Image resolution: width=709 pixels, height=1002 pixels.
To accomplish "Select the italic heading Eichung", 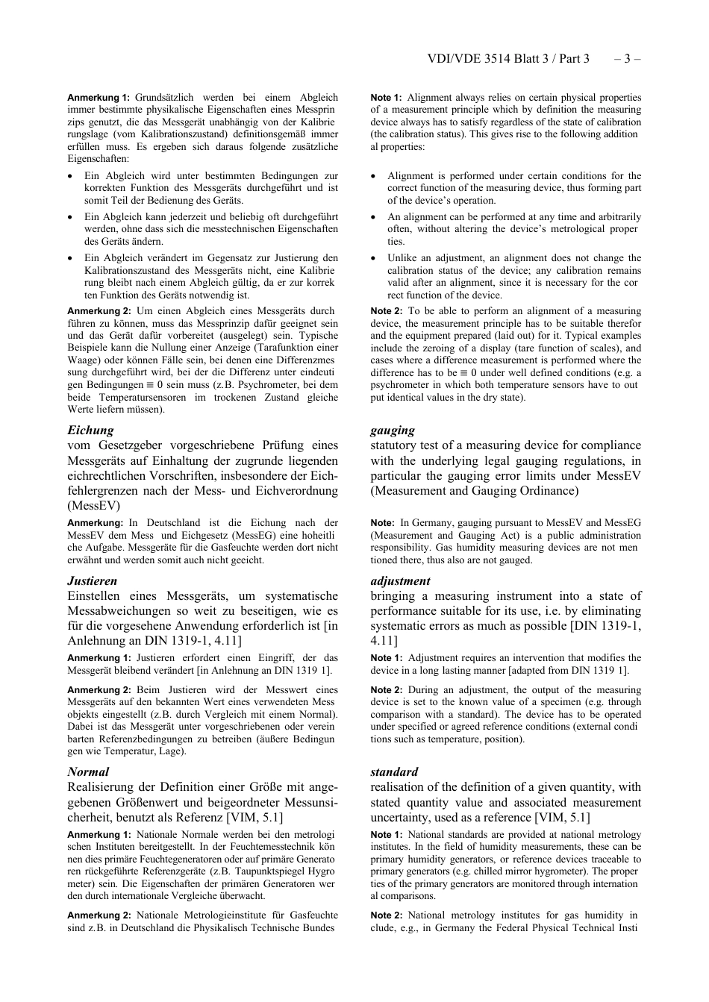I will coord(90,430).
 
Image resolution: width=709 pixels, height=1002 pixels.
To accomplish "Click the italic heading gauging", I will coord(393,430).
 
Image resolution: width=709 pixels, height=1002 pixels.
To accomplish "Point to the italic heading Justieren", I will coord(92,580).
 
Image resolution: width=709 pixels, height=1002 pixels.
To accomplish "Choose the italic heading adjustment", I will coord(400,580).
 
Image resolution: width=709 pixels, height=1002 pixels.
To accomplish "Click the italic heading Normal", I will coord(88,771).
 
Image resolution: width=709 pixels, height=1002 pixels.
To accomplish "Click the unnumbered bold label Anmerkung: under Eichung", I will coord(95,523).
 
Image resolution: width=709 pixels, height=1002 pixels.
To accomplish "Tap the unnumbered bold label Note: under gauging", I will coord(384,523).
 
